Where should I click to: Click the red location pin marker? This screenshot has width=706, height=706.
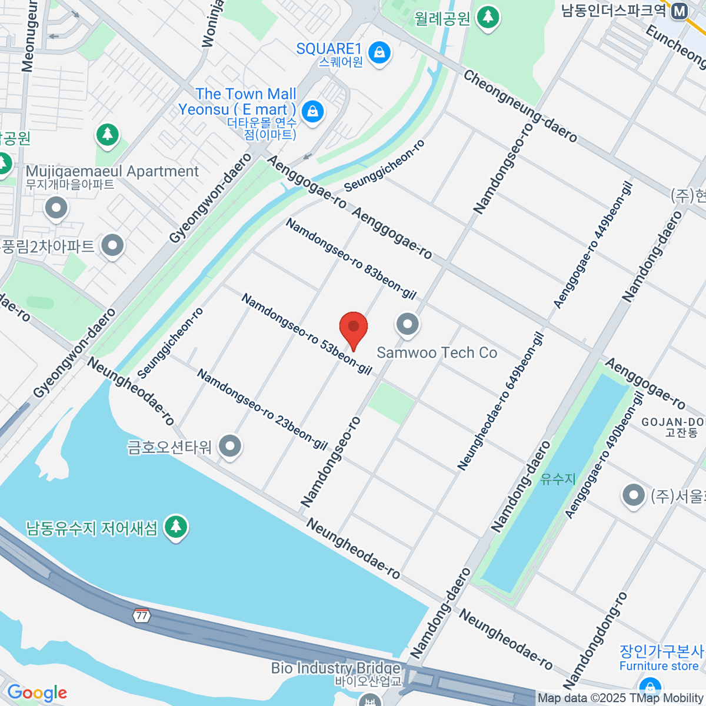coord(354,327)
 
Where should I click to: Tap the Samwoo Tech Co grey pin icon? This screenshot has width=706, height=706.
coord(407,324)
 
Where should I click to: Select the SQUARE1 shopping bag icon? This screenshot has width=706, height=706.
coord(380,54)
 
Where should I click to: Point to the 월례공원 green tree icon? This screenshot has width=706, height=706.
coord(488,17)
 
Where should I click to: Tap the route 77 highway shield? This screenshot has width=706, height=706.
coord(141,615)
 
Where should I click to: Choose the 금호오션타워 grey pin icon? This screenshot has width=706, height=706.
coord(230,446)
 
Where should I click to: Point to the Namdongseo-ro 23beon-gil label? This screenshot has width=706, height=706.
coord(262,409)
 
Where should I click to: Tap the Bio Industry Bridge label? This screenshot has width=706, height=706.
coord(336,668)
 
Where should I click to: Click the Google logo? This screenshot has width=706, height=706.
coord(37,692)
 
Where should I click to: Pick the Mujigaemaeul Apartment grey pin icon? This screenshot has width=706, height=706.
coord(56,208)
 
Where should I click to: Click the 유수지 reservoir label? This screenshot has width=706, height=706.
coord(558,479)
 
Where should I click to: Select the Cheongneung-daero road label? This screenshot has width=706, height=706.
coord(520,106)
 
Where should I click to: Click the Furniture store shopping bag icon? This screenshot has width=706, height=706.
coord(650,686)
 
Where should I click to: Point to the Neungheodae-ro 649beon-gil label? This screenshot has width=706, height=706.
coord(500,402)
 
